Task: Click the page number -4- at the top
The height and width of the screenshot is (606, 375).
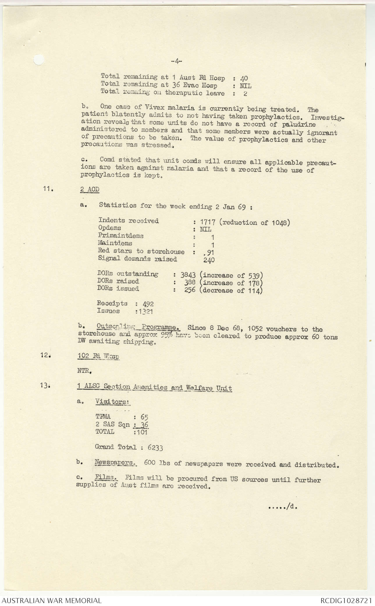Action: (176, 61)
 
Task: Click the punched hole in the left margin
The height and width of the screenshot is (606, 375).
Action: (39, 60)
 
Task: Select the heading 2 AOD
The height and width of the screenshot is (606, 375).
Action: (90, 189)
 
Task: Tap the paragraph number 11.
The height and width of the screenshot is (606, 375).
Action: (48, 189)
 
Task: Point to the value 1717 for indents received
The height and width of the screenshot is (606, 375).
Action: (208, 222)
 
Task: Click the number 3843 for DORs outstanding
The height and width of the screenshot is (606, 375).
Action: (188, 275)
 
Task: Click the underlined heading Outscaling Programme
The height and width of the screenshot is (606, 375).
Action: (138, 327)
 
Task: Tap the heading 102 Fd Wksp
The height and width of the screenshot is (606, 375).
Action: (98, 356)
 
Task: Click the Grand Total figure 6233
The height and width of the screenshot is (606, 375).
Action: (155, 447)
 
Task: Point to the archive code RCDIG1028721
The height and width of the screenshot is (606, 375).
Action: (346, 600)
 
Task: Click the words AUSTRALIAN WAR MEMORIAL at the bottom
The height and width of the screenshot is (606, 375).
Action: (52, 600)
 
